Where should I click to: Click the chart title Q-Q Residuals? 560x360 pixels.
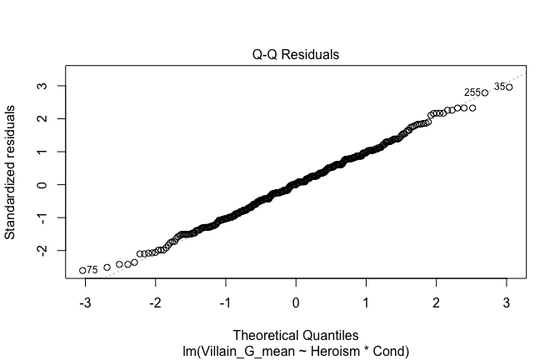pos(296,54)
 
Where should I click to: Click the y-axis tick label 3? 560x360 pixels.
pos(39,86)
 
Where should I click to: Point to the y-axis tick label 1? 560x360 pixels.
pos(39,152)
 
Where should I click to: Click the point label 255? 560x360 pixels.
pos(472,92)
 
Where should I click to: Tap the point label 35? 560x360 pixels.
pos(499,87)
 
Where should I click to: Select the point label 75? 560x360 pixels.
pos(92,270)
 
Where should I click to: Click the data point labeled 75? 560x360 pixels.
pos(82,270)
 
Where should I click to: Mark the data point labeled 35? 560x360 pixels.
pos(509,87)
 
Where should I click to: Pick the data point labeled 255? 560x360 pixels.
pos(484,92)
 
